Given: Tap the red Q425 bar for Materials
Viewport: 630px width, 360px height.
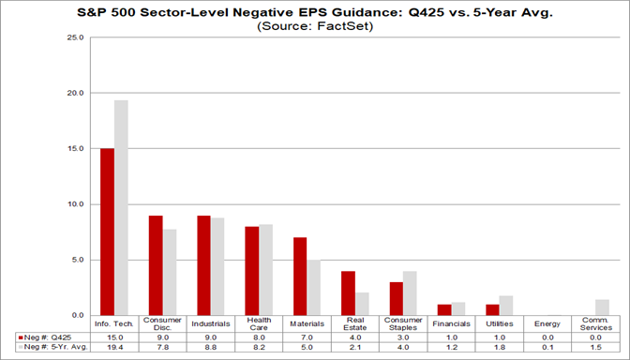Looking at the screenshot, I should (x=300, y=276).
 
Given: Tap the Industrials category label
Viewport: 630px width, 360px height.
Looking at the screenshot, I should (x=210, y=324).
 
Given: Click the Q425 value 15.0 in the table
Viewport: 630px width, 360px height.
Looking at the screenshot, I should (x=114, y=336).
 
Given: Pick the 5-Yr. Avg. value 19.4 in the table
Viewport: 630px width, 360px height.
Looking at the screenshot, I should (x=114, y=346).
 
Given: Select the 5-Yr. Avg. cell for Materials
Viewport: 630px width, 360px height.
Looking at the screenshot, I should (x=307, y=346).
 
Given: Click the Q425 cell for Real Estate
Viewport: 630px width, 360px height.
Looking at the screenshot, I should (x=354, y=336).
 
